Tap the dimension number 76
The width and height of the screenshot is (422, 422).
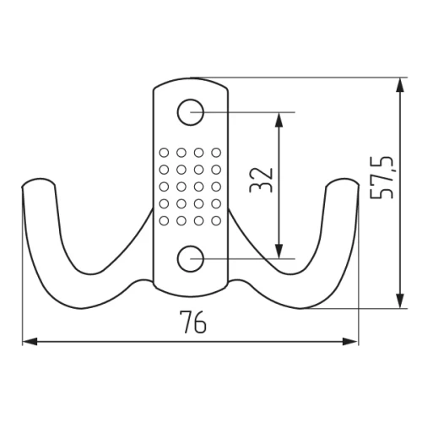[x=193, y=322]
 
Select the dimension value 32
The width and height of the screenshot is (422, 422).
[x=262, y=180]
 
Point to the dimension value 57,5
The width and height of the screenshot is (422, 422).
[x=381, y=177]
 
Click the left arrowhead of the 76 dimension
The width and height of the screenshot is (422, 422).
[x=30, y=342]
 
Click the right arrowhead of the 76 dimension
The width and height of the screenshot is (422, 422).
[x=350, y=342]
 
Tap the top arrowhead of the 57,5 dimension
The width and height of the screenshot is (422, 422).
[x=400, y=85]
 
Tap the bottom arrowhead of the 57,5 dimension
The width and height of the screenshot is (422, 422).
[x=400, y=300]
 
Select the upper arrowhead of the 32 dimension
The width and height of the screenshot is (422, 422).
[x=279, y=120]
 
